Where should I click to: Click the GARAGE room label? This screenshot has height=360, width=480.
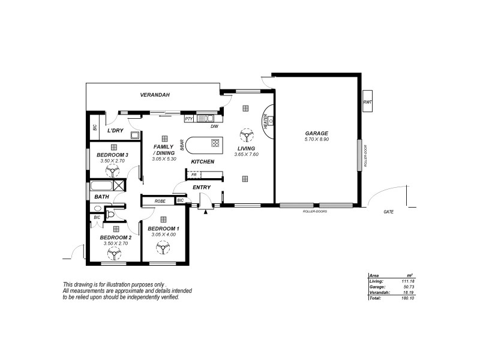click(x=316, y=133)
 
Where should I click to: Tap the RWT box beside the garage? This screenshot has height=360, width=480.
click(x=367, y=102)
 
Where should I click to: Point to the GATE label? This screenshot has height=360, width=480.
click(x=389, y=212)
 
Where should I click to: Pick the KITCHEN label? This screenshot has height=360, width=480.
click(x=203, y=162)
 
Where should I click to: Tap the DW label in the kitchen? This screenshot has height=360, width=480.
click(x=213, y=127)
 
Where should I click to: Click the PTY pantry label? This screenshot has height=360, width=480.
click(x=188, y=119)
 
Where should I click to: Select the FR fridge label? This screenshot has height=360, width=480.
click(x=193, y=175)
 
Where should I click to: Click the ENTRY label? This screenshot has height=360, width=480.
click(x=202, y=188)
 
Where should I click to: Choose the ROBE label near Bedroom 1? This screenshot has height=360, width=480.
click(x=160, y=201)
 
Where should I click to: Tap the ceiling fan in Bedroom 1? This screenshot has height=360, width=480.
click(x=163, y=247)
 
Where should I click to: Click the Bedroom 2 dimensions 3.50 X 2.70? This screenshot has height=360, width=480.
click(x=115, y=244)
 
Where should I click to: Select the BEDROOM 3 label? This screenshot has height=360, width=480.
click(x=113, y=155)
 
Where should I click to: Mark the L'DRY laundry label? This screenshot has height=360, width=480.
click(x=115, y=131)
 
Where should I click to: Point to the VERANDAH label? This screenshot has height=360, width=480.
click(x=155, y=95)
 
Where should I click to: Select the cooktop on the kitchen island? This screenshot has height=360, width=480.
click(x=215, y=143)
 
